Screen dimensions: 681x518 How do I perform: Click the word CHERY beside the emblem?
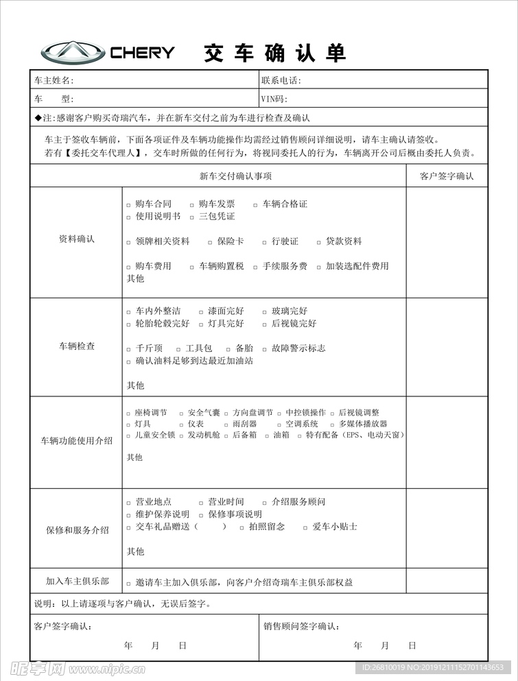click(x=142, y=52)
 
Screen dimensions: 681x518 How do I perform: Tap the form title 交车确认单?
click(x=274, y=53)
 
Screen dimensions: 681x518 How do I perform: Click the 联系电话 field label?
click(x=281, y=80)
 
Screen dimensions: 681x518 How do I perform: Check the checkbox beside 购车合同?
click(x=129, y=205)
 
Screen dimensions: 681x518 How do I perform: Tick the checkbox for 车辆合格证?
click(x=256, y=205)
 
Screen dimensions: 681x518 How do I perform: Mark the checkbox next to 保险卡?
click(x=211, y=242)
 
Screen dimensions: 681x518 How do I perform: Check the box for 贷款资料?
click(x=319, y=242)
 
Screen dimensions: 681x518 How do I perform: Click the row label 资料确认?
click(x=77, y=239)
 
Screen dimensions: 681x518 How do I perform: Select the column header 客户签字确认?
click(x=447, y=176)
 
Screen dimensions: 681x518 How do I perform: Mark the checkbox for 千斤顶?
click(x=129, y=349)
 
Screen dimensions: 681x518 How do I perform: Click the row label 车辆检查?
click(x=77, y=346)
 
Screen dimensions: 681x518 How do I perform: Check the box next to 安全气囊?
click(x=181, y=414)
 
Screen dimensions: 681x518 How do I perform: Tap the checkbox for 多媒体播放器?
click(x=333, y=425)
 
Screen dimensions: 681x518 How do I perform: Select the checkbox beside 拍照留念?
click(x=242, y=527)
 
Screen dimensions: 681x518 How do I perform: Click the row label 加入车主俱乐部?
click(x=77, y=581)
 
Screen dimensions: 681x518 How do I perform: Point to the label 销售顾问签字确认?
click(x=301, y=626)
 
